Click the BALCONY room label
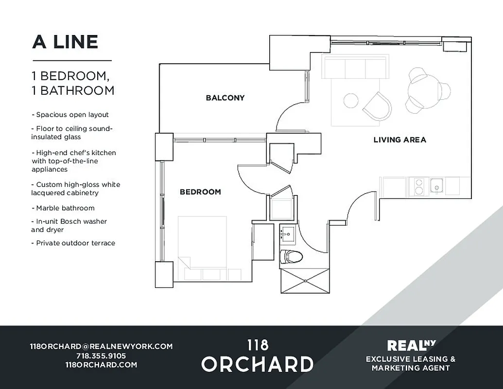tap(225, 98)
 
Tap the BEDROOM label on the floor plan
tap(200, 192)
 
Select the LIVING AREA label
tap(399, 140)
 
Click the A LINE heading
tap(65, 42)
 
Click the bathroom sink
tap(288, 234)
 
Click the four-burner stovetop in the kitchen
tap(418, 186)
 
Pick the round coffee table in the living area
tap(351, 101)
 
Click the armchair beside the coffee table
tap(377, 106)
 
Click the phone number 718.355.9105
tap(101, 355)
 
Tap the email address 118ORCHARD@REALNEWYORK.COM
tap(101, 346)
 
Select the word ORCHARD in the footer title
tap(258, 364)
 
